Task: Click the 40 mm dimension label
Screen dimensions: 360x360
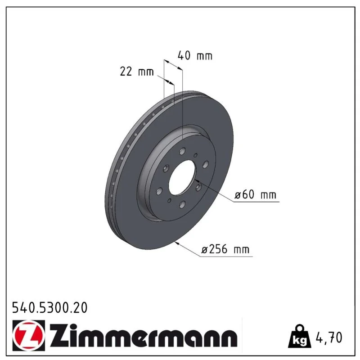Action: tap(195, 56)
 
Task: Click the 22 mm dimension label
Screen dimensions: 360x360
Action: tap(137, 72)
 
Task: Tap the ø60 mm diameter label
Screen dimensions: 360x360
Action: tap(255, 195)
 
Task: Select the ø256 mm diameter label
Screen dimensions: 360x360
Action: tap(225, 249)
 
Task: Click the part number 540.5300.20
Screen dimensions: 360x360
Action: tap(50, 308)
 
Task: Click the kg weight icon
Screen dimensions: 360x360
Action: tap(299, 336)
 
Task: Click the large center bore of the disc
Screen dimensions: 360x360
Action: tap(183, 178)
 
